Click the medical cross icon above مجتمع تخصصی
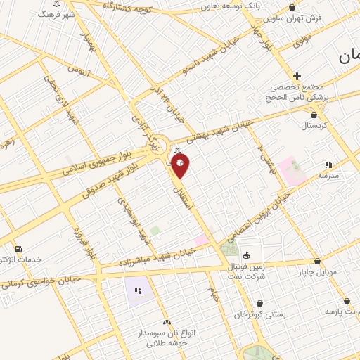tap(297, 76)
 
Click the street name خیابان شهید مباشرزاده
tap(155, 258)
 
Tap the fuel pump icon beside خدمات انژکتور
tap(18, 249)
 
